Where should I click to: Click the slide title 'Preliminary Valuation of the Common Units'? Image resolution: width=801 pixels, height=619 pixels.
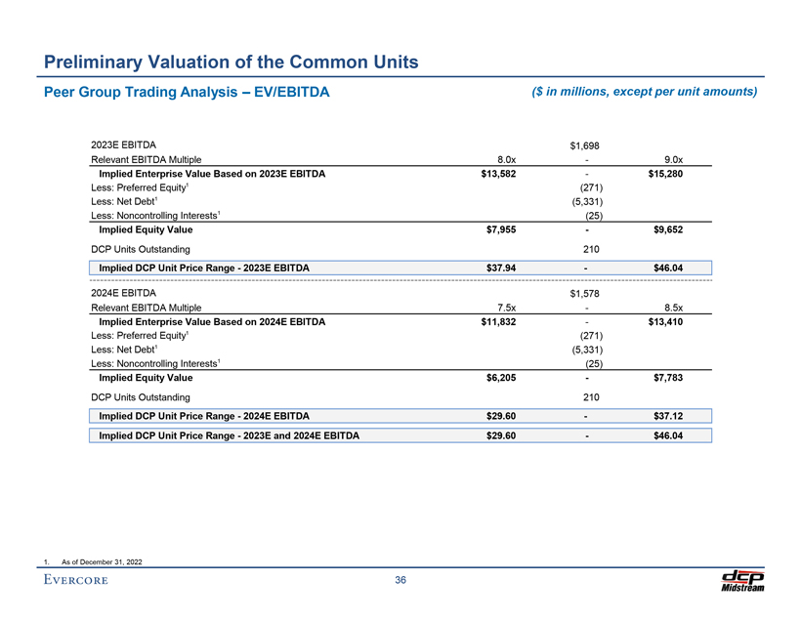coord(232,63)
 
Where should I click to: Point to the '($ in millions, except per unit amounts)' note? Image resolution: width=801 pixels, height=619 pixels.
coord(645,92)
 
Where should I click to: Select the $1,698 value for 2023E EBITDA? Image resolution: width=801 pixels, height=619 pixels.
coord(584,146)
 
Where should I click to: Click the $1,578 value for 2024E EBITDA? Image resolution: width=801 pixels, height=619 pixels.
coord(584,293)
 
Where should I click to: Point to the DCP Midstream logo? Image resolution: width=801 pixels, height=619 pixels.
coord(741,579)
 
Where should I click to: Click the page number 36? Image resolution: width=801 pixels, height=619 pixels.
coord(400,580)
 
